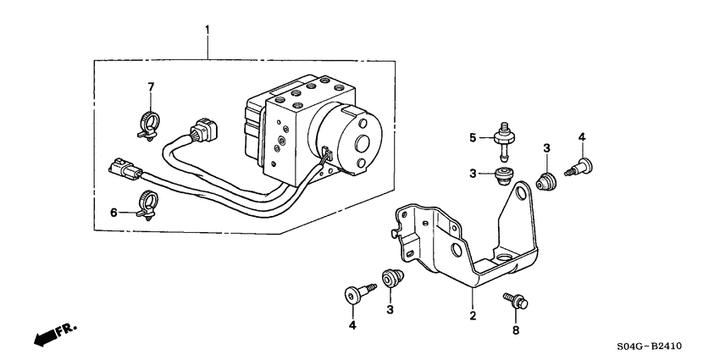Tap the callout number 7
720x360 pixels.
[152, 87]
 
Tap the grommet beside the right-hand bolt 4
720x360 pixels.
[547, 180]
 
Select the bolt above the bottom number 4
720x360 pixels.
[355, 294]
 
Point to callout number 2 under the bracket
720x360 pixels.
[473, 317]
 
